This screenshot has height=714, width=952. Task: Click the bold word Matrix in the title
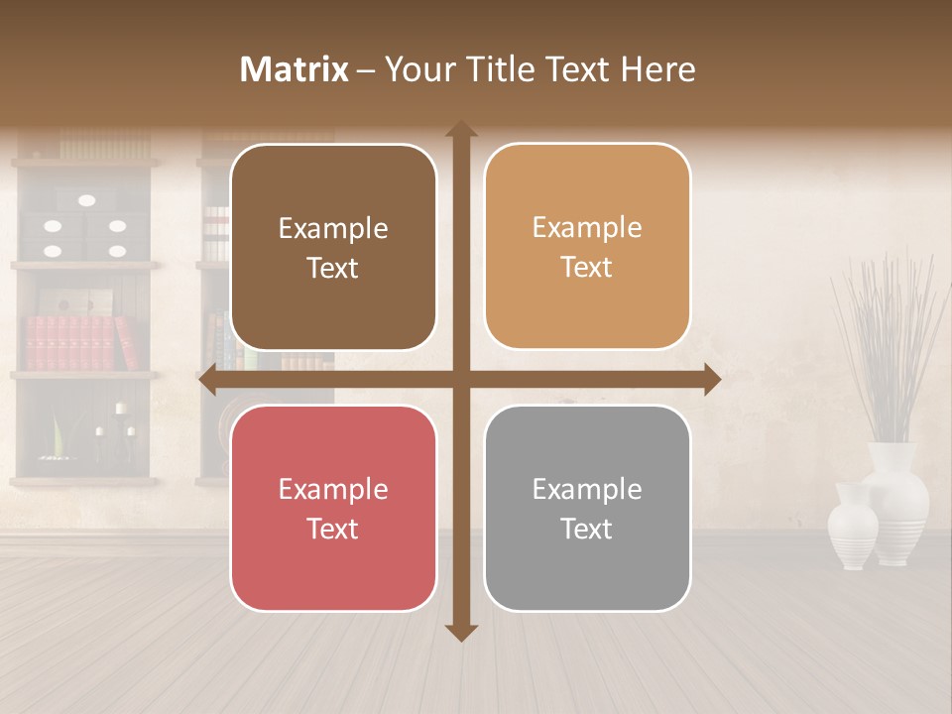(x=295, y=69)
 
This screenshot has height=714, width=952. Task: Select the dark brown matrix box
(x=333, y=248)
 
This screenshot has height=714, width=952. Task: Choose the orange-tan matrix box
(x=587, y=247)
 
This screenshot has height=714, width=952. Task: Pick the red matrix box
(x=333, y=509)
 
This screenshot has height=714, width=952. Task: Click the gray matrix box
(x=587, y=508)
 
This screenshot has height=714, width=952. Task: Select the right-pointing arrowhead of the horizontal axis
(x=711, y=380)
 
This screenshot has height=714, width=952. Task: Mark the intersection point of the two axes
(x=461, y=380)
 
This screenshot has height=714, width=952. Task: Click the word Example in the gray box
(x=587, y=489)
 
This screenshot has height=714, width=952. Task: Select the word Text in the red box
(x=332, y=529)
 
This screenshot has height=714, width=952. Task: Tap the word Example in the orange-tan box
(x=587, y=228)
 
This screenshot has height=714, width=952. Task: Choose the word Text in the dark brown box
(x=332, y=268)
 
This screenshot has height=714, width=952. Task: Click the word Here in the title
(x=658, y=69)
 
